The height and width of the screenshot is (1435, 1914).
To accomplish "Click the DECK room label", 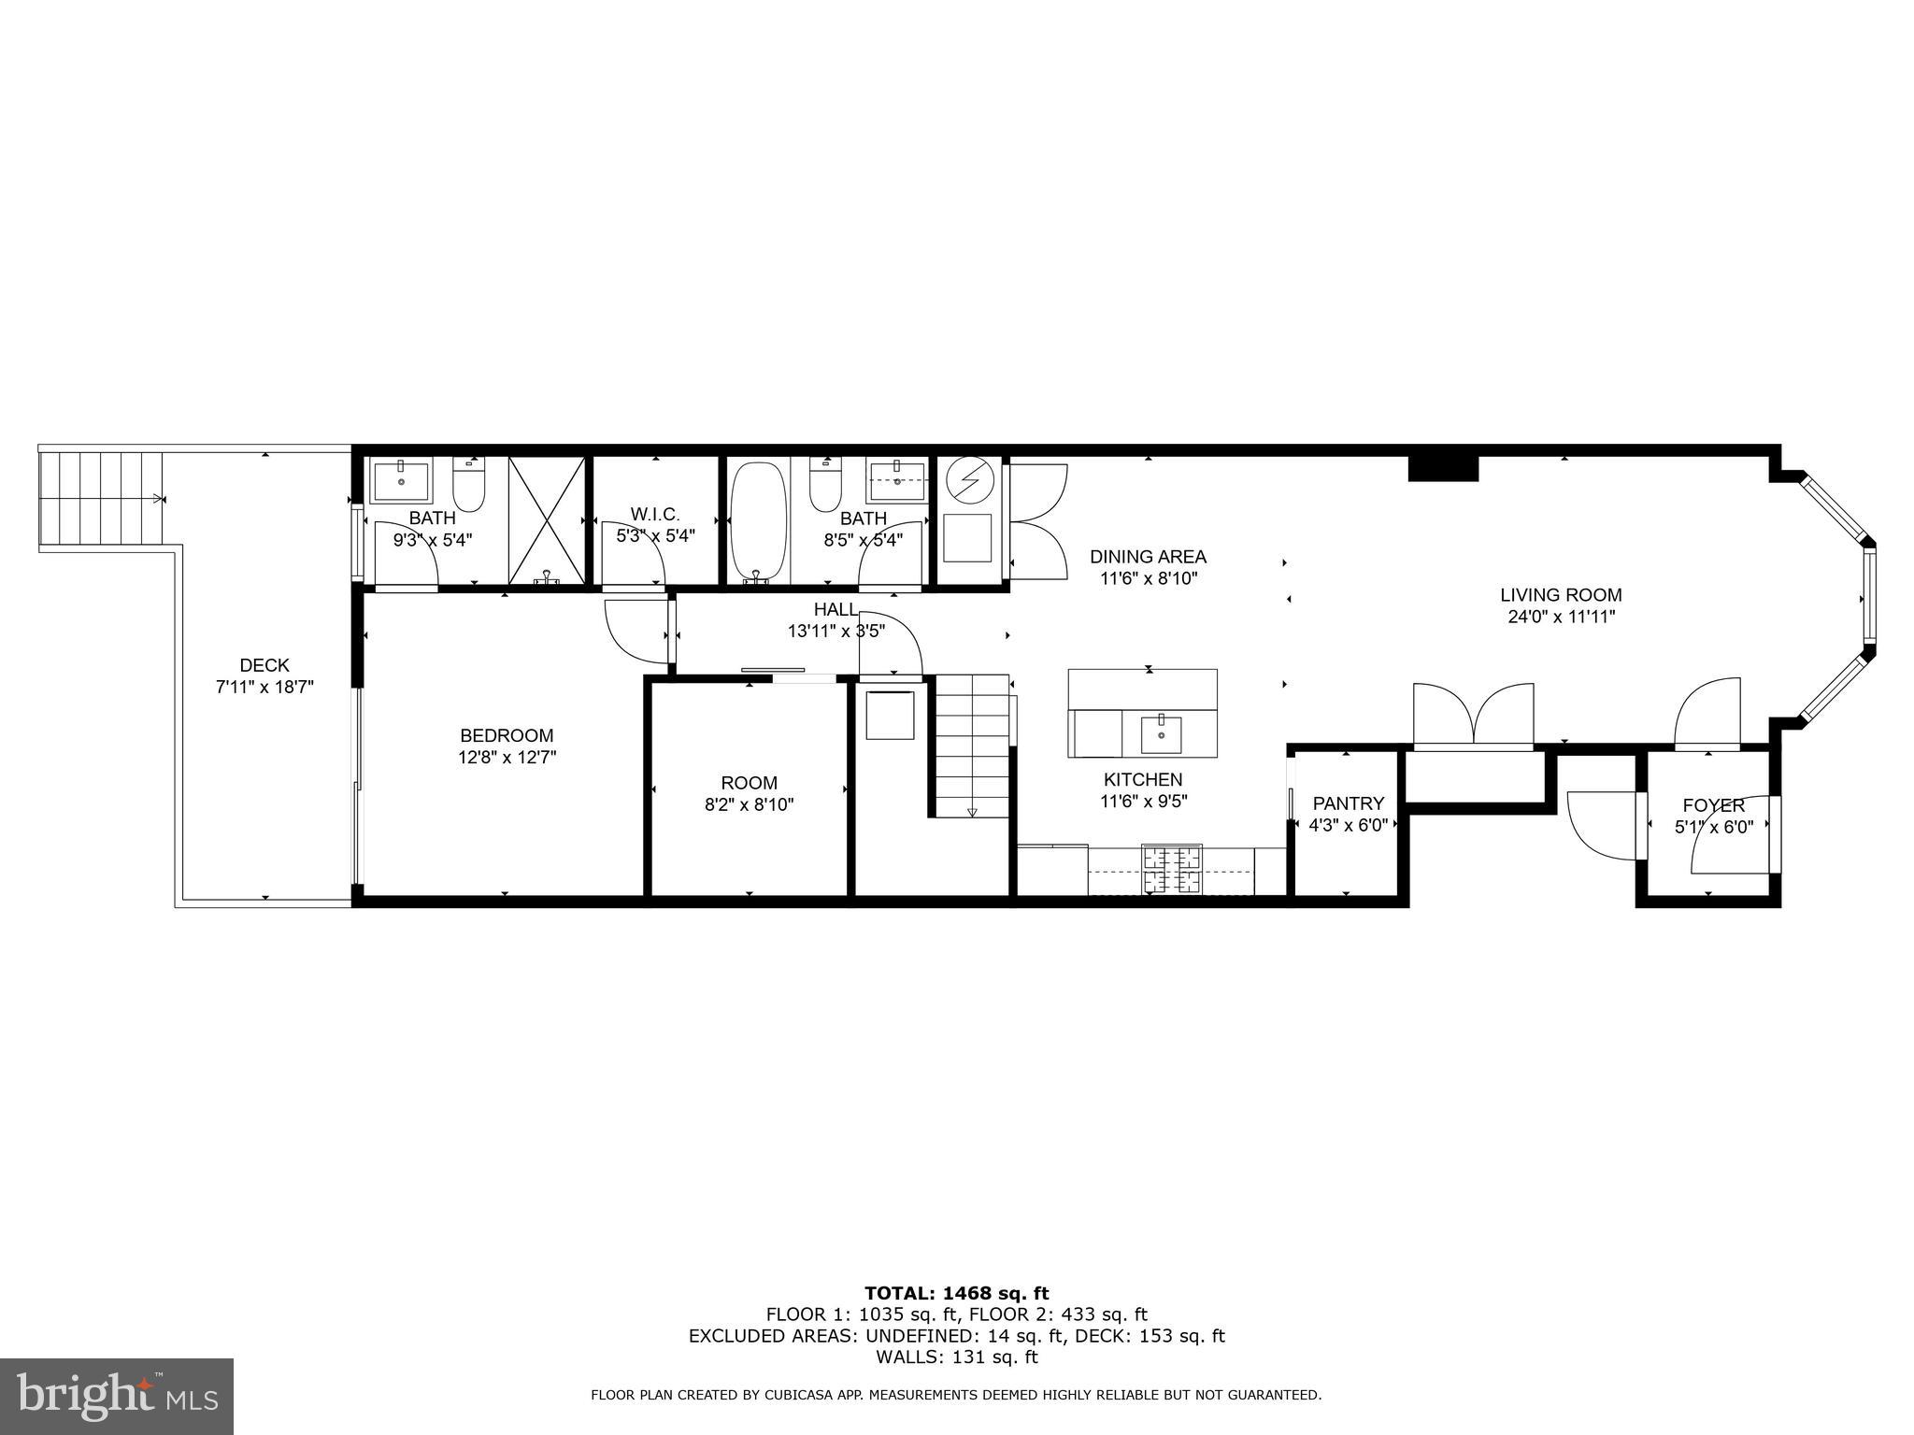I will [264, 665].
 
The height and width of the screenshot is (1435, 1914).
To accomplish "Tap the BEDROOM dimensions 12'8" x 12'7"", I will [507, 758].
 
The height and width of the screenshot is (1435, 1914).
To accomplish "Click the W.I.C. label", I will [655, 514].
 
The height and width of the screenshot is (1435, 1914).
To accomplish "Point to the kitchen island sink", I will [1160, 734].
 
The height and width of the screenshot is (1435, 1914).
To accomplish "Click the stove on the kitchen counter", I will [1172, 869].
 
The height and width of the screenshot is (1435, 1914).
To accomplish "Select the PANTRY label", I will [1348, 803].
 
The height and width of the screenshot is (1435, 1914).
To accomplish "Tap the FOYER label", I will [1713, 805].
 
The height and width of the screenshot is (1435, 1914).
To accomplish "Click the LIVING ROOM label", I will [1561, 594].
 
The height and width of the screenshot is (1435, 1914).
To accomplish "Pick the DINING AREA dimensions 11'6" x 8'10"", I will [1148, 579].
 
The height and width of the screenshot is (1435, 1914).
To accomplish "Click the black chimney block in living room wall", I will [1443, 467].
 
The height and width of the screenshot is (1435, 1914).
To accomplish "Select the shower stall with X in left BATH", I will [547, 520].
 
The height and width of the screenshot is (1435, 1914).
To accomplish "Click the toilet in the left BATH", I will [468, 485].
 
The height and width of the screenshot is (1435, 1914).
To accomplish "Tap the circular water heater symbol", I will [966, 482].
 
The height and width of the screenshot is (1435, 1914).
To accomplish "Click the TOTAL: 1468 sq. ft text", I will [956, 1293].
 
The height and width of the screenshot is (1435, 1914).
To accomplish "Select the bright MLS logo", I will [116, 1397].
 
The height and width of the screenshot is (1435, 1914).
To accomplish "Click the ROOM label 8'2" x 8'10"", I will [749, 783].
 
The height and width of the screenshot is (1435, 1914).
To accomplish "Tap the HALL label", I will [835, 609].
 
